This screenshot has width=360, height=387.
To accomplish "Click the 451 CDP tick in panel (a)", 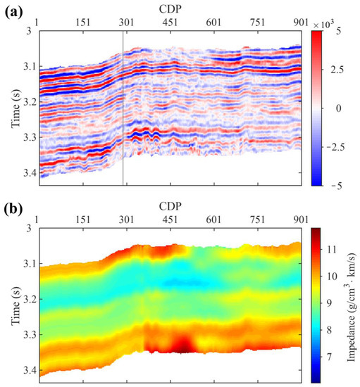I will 169,22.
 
